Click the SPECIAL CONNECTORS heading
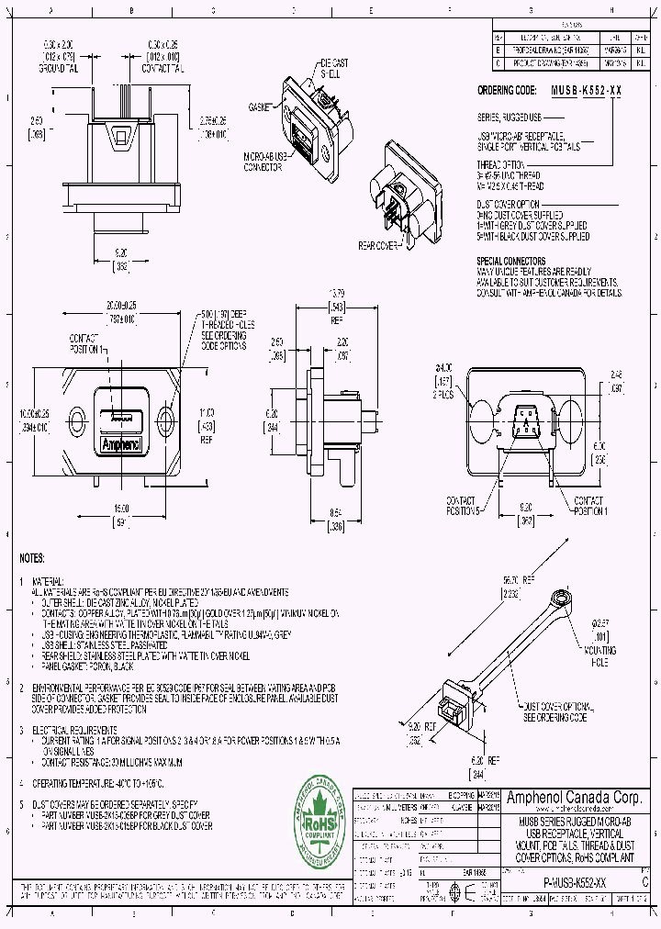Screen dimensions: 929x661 tap(511, 262)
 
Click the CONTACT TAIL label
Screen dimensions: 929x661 tap(161, 68)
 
